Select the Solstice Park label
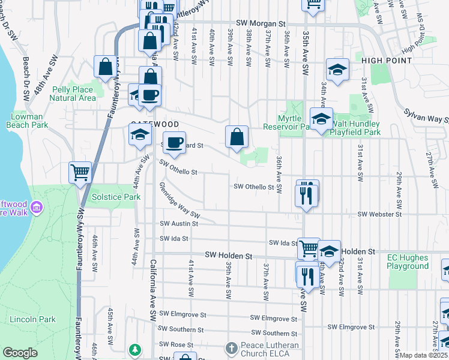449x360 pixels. click(115, 197)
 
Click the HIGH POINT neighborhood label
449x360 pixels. click(387, 61)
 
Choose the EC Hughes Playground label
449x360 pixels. click(408, 262)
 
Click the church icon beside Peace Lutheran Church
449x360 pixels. click(232, 349)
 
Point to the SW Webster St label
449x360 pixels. click(379, 214)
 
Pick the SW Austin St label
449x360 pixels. click(178, 224)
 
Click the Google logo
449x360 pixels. click(20, 353)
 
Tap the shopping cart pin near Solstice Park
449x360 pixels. click(80, 173)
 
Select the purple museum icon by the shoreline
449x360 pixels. click(37, 208)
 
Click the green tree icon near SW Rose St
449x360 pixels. click(136, 349)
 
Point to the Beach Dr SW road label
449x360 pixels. click(26, 78)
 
